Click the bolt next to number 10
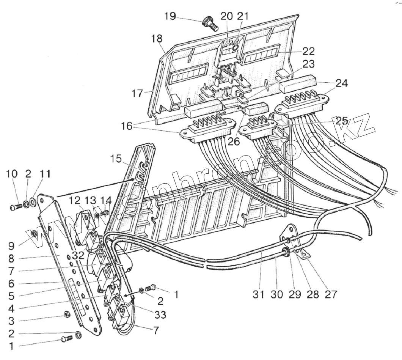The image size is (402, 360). (x=14, y=207)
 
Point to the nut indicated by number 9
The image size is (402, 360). (x=33, y=233)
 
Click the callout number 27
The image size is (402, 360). (x=331, y=294)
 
